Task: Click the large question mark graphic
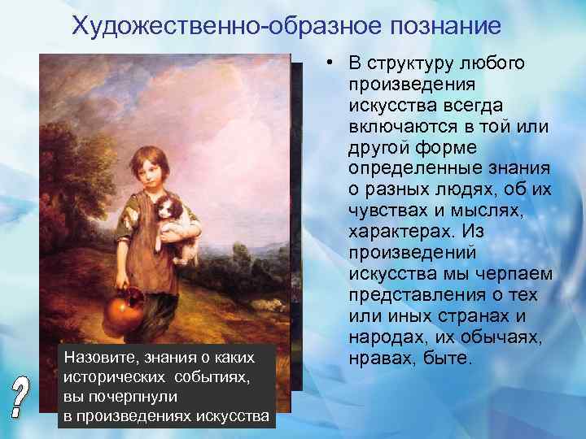coord(26,398)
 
